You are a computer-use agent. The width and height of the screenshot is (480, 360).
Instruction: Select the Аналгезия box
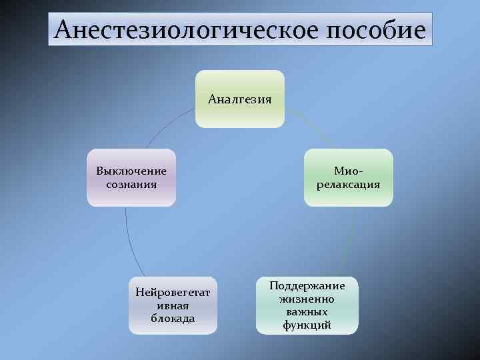tap(240, 99)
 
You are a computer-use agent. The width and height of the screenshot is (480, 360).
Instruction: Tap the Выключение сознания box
tap(131, 177)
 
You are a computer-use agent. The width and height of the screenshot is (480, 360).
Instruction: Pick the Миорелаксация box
tap(349, 177)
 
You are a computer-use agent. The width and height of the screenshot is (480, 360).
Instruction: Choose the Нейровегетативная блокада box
tap(173, 305)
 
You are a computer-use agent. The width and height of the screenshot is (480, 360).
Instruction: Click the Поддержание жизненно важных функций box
tap(307, 305)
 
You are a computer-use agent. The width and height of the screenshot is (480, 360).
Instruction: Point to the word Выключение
tap(131, 171)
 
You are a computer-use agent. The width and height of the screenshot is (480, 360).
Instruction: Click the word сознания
tap(131, 184)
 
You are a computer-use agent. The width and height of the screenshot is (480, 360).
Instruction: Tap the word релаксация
tap(349, 184)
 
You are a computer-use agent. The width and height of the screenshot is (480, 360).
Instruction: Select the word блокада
tap(173, 318)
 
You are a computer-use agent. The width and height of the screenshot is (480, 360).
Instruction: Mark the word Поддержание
tap(307, 285)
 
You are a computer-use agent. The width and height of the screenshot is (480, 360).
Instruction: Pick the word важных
tap(307, 312)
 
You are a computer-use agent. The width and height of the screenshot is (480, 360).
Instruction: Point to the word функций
tap(307, 325)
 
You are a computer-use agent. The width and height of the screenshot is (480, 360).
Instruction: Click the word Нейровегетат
tap(173, 292)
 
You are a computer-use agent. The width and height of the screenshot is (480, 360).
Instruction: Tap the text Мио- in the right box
tap(349, 171)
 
